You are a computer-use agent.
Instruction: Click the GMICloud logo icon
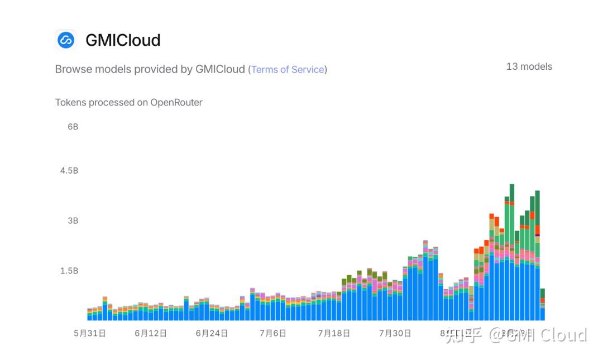tap(66, 40)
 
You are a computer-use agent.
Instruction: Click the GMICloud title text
tap(123, 40)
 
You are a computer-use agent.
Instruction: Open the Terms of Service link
tap(288, 70)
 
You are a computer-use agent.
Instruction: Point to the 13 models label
tap(529, 66)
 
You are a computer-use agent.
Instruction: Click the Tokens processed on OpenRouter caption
tap(128, 103)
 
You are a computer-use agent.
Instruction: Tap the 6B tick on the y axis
tap(73, 127)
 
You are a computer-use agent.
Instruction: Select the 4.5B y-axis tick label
tap(69, 171)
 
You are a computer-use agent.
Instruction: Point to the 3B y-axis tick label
tap(73, 220)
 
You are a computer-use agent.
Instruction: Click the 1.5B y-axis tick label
tap(69, 271)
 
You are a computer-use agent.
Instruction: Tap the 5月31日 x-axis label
tap(90, 333)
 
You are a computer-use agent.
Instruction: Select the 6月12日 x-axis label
tap(151, 333)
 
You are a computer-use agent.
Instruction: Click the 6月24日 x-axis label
tap(212, 333)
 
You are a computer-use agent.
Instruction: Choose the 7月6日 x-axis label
tap(272, 333)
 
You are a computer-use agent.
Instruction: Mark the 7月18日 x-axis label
tap(334, 333)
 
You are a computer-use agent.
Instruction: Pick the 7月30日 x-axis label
tap(395, 333)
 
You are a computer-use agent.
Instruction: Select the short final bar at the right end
tap(542, 306)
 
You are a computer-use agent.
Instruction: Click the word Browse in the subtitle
tap(73, 70)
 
